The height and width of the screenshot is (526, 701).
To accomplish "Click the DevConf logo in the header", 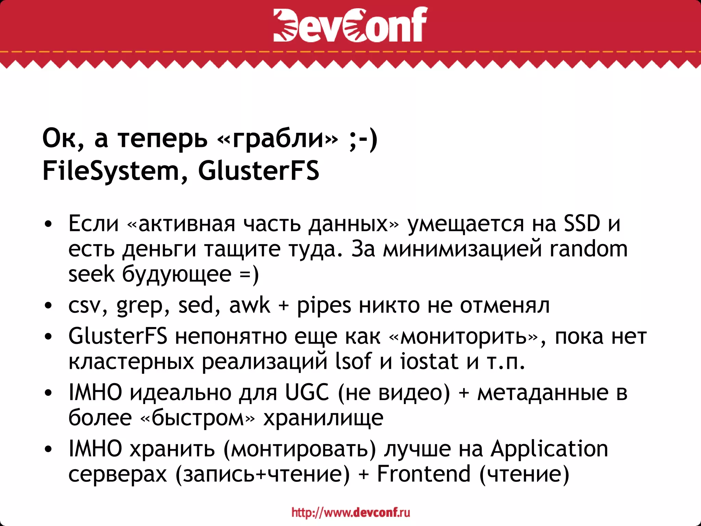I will [x=350, y=25].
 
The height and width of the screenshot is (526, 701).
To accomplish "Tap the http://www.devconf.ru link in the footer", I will [x=350, y=512].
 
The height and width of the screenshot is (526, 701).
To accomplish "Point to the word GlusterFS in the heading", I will [x=258, y=171].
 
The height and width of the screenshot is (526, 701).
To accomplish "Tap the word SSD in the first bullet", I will [x=582, y=223].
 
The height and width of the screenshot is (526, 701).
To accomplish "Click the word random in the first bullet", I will [x=588, y=249].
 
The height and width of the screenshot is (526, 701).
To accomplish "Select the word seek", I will [x=91, y=274].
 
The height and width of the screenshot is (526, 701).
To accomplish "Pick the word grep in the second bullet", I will [x=139, y=306].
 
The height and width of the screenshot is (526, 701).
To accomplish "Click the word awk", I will [x=250, y=305].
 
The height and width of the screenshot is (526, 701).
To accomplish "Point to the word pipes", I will [x=323, y=306].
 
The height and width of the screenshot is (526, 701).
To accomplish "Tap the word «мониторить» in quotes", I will [x=464, y=336].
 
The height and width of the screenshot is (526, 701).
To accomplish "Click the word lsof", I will [x=353, y=361].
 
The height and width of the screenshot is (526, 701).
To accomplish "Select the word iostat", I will [x=429, y=361].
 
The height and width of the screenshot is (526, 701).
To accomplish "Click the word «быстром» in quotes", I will [x=198, y=418].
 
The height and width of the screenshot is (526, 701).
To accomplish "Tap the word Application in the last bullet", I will [x=549, y=449].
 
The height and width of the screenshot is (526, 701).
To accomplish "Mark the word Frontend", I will [x=423, y=474].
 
